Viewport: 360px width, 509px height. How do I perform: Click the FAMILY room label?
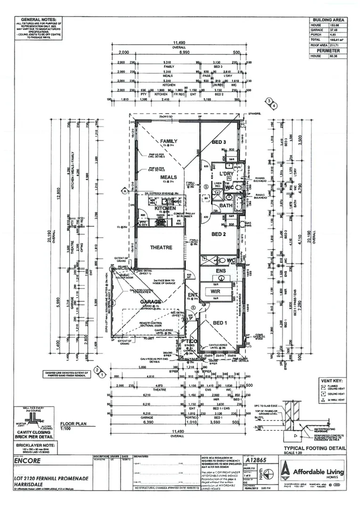tap(168, 141)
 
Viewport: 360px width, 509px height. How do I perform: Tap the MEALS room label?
tap(168, 177)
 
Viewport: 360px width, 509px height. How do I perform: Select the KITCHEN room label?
tap(165, 208)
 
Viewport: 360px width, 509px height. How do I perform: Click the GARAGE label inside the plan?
tap(150, 302)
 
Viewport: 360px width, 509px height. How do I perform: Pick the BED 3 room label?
tap(219, 142)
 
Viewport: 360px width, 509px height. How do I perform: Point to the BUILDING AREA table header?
tap(328, 20)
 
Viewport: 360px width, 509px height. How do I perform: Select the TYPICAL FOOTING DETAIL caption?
tap(314, 448)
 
